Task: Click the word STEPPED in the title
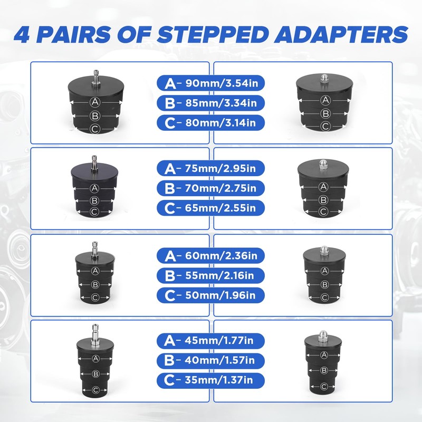(213, 34)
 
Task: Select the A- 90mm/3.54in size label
(210, 83)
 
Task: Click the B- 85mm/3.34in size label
(210, 103)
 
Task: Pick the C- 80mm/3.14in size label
(210, 123)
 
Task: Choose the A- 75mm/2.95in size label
(210, 168)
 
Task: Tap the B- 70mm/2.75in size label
(210, 188)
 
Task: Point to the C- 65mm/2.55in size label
(210, 208)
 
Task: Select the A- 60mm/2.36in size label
(210, 256)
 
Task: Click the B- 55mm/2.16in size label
(210, 275)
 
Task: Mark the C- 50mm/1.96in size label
(210, 295)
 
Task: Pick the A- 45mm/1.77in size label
(210, 341)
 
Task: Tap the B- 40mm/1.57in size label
(210, 361)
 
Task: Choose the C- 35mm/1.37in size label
(210, 380)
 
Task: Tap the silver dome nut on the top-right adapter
(324, 79)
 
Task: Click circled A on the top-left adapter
(95, 102)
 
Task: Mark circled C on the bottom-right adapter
(324, 387)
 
